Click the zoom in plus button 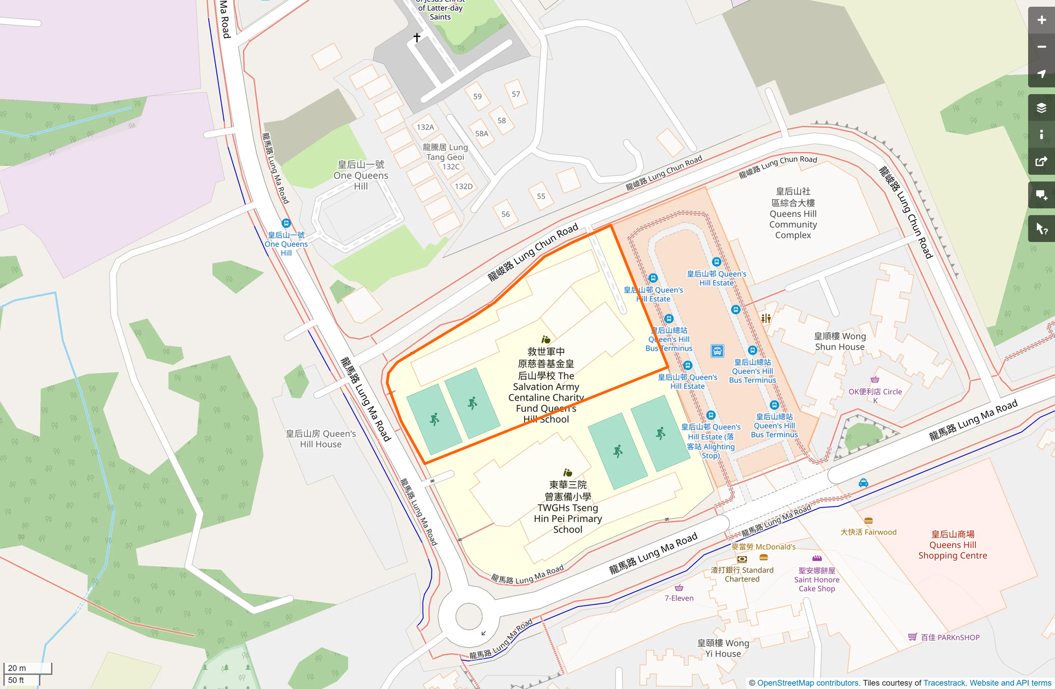point(1041,20)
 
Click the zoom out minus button point(1041,47)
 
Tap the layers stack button point(1041,108)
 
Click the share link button point(1041,162)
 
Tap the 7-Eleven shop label point(679,598)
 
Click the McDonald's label point(763,547)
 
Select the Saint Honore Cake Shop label point(816,580)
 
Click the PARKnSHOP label point(950,637)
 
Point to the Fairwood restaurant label point(868,532)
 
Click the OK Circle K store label point(875,392)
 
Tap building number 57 point(516,94)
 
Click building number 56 point(506,214)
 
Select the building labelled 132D point(463,187)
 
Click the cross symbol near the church point(417,38)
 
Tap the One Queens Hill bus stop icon point(286,223)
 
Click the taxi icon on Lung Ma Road point(863,482)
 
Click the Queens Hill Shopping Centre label point(953,544)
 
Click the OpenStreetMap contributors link point(807,683)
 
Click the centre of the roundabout point(469,617)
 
